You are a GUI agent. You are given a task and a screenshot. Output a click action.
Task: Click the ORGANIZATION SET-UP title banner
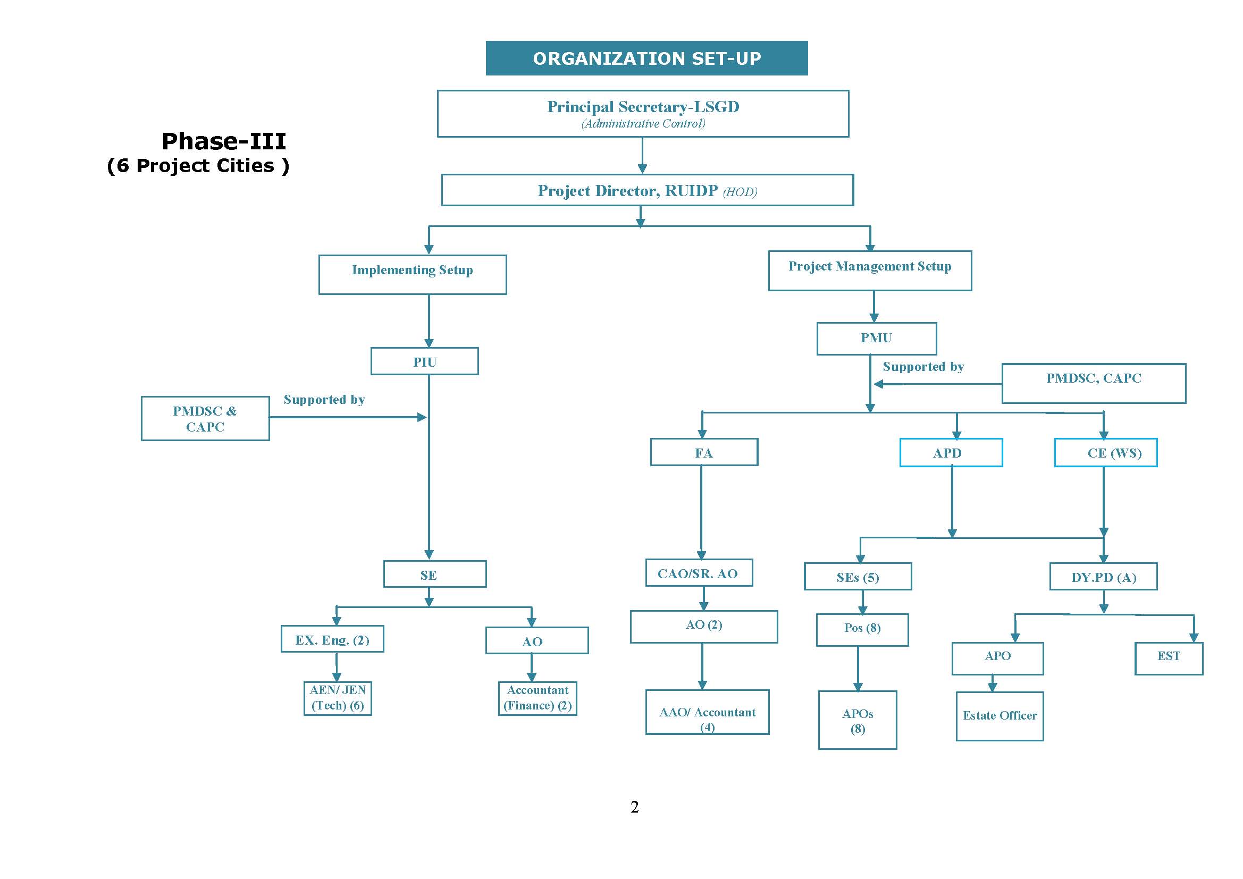(646, 58)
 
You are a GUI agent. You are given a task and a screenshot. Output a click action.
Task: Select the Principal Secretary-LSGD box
(643, 114)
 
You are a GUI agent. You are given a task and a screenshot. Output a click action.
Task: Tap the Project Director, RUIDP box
(647, 190)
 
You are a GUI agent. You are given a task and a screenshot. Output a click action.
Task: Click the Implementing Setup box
(413, 274)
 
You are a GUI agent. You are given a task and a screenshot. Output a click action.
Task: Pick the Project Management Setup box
(869, 271)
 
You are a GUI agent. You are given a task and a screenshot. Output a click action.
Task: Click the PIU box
(424, 361)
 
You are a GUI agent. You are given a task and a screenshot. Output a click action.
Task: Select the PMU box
(876, 339)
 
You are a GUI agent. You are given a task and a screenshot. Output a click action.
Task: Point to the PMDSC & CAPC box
(205, 418)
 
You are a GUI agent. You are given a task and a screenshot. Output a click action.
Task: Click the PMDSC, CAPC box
(1093, 383)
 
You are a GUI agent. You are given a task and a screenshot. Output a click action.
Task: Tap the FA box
(704, 452)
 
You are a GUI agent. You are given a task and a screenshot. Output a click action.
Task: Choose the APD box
(951, 452)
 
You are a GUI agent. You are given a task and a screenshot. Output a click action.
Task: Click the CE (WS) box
(1105, 452)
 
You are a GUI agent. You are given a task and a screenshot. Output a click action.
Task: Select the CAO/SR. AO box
(699, 573)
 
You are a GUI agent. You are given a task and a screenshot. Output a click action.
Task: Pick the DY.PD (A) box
(1103, 577)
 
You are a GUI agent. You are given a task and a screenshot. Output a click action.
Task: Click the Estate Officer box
(1000, 715)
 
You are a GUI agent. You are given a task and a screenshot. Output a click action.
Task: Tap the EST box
(1168, 658)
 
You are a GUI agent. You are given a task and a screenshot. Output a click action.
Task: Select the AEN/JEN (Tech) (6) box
(337, 698)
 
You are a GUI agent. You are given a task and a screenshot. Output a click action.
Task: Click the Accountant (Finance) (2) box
(537, 698)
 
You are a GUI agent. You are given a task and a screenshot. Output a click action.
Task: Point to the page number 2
(634, 807)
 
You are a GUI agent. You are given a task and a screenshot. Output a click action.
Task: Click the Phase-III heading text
(224, 142)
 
